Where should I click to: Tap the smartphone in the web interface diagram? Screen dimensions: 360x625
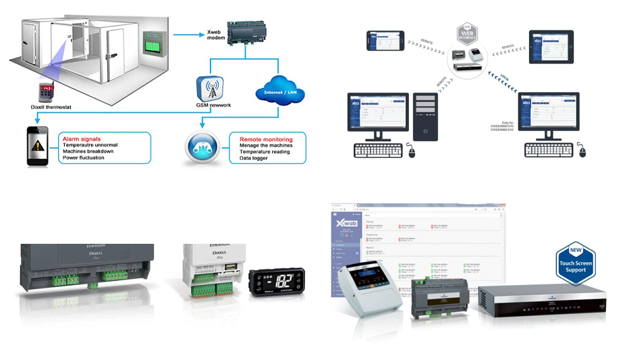[385, 41]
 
